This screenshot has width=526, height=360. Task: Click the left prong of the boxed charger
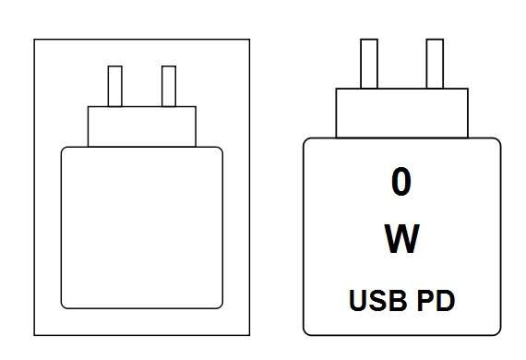click(x=115, y=86)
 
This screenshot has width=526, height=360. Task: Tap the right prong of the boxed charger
click(x=169, y=86)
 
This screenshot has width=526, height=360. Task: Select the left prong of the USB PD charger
click(x=369, y=64)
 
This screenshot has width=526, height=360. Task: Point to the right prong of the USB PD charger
click(x=435, y=64)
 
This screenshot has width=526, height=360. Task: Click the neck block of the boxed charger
click(x=142, y=126)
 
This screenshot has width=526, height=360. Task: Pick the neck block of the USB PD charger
click(x=401, y=113)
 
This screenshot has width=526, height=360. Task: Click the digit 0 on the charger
click(x=401, y=182)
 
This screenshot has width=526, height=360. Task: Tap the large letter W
click(x=401, y=238)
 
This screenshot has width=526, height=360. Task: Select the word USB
click(x=378, y=300)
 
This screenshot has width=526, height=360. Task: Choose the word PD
click(x=436, y=300)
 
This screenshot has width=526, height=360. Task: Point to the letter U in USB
click(x=358, y=300)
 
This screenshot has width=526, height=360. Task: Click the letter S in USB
click(x=378, y=300)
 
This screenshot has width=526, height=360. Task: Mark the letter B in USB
click(x=399, y=300)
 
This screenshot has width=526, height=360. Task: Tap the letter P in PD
click(x=425, y=300)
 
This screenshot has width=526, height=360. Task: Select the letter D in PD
click(x=446, y=300)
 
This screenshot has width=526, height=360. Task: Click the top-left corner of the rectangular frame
click(x=34, y=40)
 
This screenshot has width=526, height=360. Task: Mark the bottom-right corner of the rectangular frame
click(x=249, y=335)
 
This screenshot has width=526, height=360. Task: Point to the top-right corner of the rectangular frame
click(x=249, y=40)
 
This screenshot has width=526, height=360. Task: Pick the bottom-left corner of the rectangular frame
click(x=34, y=335)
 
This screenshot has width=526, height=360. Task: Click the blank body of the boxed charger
click(x=142, y=228)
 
